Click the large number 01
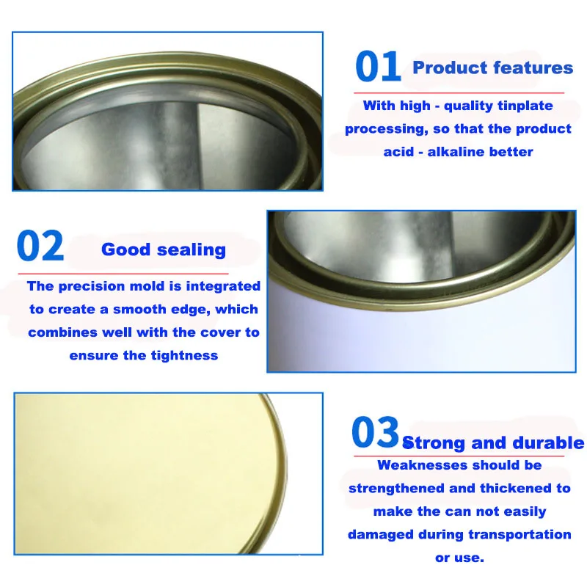point(378,68)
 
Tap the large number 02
point(40,247)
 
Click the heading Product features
point(492,68)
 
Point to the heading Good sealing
point(164,249)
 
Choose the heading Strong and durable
point(493,442)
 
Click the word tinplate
point(525,106)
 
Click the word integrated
point(223,286)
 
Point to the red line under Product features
point(459,93)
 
